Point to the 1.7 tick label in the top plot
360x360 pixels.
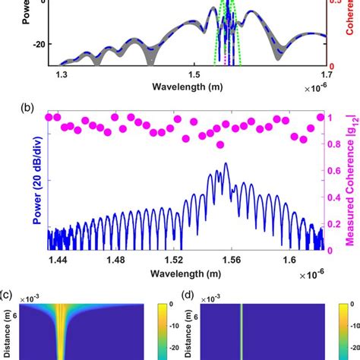pos(326,75)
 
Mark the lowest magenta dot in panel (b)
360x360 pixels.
pos(220,144)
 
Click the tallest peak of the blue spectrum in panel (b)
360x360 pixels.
pos(225,164)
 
